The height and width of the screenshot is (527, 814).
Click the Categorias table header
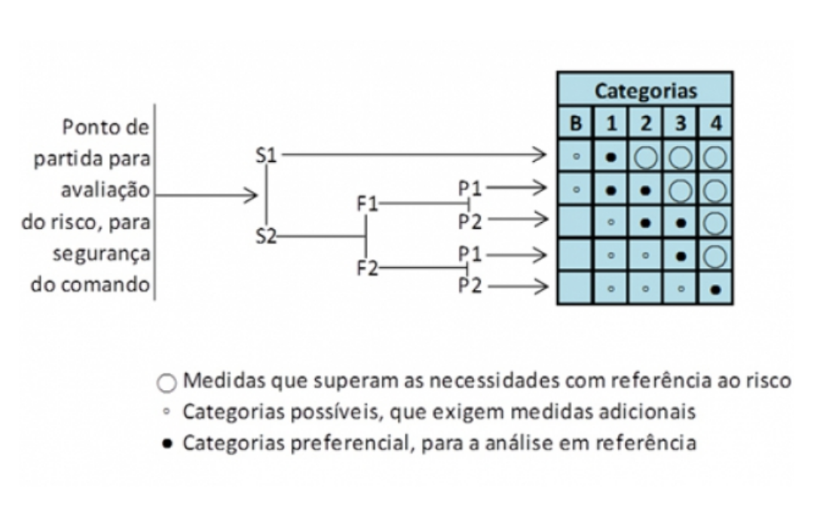click(x=645, y=91)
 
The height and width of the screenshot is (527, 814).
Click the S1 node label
click(x=267, y=156)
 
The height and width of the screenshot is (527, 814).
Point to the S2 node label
click(x=266, y=236)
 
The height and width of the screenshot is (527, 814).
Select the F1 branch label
click(x=369, y=203)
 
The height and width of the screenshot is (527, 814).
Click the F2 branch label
click(x=368, y=268)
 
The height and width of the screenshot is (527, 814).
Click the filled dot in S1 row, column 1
click(x=611, y=157)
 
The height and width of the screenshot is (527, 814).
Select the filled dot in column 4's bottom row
click(x=715, y=288)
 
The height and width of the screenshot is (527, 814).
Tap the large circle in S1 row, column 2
click(x=646, y=157)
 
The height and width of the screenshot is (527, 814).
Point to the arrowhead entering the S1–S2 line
click(x=252, y=196)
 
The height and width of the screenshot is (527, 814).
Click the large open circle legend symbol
click(x=166, y=382)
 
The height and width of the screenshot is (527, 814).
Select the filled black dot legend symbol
click(x=166, y=443)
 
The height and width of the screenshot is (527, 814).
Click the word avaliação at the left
click(x=105, y=191)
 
